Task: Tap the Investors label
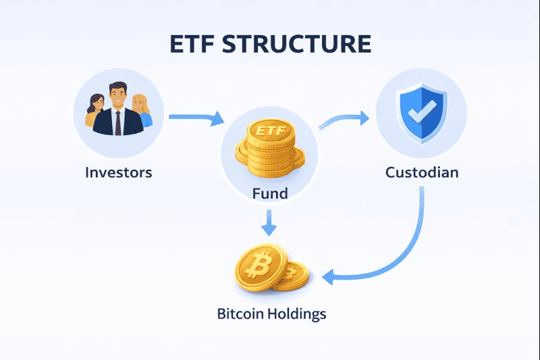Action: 119,172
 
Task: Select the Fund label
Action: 270,194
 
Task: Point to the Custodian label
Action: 422,172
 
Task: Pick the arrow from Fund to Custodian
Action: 344,120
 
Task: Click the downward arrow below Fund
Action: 270,222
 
